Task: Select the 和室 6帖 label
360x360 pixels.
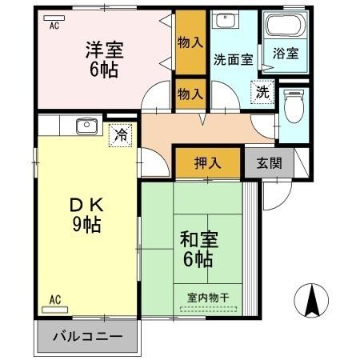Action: pyautogui.click(x=196, y=249)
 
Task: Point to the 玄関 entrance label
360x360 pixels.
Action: pyautogui.click(x=268, y=163)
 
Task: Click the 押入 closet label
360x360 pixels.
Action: pyautogui.click(x=207, y=163)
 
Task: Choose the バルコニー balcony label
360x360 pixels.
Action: pyautogui.click(x=87, y=336)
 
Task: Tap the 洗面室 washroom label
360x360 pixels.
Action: pyautogui.click(x=233, y=58)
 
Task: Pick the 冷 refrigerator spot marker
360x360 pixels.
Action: pyautogui.click(x=119, y=136)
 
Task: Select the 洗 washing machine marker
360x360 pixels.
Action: pyautogui.click(x=262, y=92)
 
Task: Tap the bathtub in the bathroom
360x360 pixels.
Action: pyautogui.click(x=286, y=26)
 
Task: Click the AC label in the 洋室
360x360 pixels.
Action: pyautogui.click(x=54, y=26)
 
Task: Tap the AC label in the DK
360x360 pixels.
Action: pyautogui.click(x=54, y=300)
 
